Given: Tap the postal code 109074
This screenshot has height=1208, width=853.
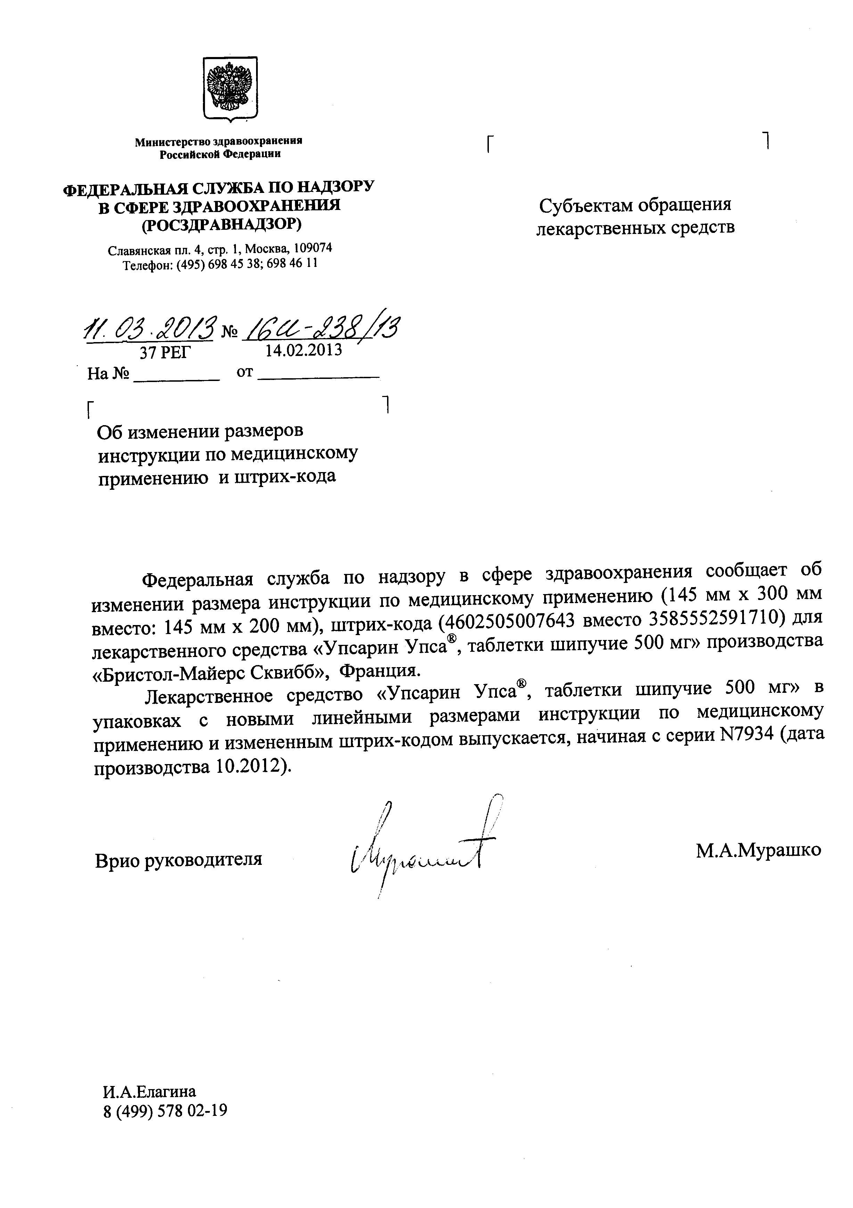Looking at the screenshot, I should tap(312, 248).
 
